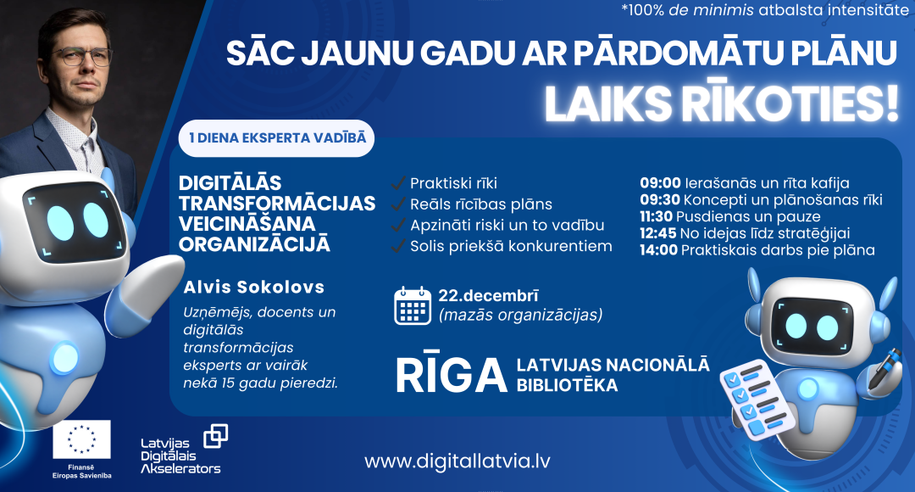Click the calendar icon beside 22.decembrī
413,305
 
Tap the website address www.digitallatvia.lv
458,461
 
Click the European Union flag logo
81,439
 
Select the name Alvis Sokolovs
241,288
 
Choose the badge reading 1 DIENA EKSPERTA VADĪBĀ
277,138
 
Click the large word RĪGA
450,374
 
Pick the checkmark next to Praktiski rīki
396,183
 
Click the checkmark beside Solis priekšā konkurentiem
396,247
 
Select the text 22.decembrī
488,296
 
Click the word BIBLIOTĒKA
567,385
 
